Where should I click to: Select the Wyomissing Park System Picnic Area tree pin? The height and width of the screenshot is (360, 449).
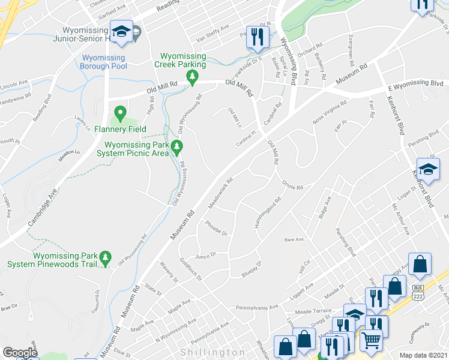point(176,146)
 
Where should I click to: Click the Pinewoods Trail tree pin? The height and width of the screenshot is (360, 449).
point(106,259)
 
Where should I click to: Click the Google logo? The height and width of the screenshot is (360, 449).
point(20,353)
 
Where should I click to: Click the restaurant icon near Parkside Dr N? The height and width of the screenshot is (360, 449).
point(258,36)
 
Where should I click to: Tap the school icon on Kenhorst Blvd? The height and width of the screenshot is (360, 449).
point(429,170)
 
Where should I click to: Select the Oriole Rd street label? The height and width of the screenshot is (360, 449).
point(294,187)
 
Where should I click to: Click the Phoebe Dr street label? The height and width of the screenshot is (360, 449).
point(216,229)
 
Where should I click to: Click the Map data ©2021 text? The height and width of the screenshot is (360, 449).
point(423,355)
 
